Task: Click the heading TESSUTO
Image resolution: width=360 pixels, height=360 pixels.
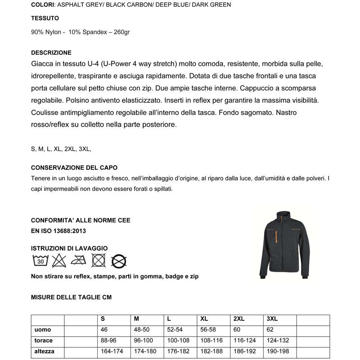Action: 45,18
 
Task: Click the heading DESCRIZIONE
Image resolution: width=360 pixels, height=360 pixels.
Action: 51,53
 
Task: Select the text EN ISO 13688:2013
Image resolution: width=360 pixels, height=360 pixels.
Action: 58,231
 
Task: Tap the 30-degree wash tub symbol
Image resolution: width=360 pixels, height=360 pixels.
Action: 40,260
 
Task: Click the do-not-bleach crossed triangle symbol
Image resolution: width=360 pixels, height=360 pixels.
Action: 59,260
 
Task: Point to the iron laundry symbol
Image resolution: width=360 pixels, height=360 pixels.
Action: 79,260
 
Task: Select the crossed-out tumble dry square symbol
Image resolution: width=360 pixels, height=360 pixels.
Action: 99,260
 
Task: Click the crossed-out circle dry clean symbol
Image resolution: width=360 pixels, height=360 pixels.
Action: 119,261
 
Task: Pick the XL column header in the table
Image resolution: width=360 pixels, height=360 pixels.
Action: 204,319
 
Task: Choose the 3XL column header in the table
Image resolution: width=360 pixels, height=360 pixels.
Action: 272,319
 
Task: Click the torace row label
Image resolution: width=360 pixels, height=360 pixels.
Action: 44,341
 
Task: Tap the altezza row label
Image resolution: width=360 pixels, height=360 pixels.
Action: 45,351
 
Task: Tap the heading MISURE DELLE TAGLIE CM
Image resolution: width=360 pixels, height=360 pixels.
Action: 71,297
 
